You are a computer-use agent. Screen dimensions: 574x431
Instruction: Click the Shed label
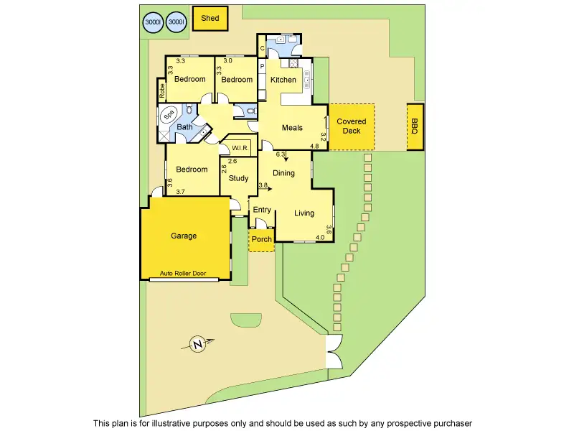click(x=210, y=19)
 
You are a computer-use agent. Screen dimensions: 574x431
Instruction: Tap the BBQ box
click(x=415, y=127)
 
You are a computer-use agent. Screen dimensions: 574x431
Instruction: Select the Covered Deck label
click(x=352, y=126)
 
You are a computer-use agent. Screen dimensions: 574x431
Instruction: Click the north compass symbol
click(x=199, y=345)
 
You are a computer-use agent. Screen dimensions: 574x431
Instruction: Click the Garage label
click(x=184, y=236)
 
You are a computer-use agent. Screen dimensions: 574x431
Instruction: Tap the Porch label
click(x=261, y=239)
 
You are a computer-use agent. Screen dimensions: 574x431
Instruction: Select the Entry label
click(x=262, y=210)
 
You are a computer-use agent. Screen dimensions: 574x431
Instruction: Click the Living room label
click(x=304, y=213)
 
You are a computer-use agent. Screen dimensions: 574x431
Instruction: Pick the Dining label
click(x=283, y=173)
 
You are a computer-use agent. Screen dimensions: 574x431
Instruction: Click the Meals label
click(x=292, y=128)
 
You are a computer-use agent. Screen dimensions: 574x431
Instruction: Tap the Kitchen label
click(x=283, y=80)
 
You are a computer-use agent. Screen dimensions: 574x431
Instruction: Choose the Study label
click(x=239, y=178)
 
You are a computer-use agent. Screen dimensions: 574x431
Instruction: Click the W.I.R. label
click(x=240, y=149)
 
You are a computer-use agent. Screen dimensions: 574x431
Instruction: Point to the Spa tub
click(x=169, y=114)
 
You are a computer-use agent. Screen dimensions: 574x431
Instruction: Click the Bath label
click(x=185, y=128)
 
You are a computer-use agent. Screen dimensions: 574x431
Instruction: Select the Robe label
click(x=162, y=91)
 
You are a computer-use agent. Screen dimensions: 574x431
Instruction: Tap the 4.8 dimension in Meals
click(x=314, y=147)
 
